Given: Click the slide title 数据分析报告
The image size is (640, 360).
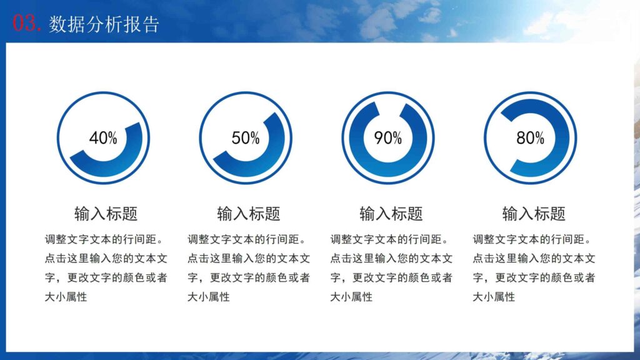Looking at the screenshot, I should pos(104,24).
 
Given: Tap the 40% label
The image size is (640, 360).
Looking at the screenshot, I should pos(103,138).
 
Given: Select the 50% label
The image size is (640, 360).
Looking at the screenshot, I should pos(246,138).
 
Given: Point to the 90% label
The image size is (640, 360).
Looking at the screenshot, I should pos(388,138).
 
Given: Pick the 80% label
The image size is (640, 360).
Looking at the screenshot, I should pos(531,138).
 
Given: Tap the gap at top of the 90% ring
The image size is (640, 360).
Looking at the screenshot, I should pos(388,104).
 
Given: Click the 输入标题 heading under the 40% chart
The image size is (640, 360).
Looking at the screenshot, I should pos(106,214).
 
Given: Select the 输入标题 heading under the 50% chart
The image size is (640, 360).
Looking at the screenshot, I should pos(249,214).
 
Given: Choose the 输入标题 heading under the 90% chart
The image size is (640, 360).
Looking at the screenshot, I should pos(391,214).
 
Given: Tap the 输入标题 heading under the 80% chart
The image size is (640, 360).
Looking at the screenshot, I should pos(534,214).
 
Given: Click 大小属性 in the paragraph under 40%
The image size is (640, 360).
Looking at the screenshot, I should pos(66,297).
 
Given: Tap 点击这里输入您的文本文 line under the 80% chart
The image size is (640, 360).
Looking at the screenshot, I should pos(534,259).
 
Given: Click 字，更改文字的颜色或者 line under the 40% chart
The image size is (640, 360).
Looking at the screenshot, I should pos(106,278).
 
